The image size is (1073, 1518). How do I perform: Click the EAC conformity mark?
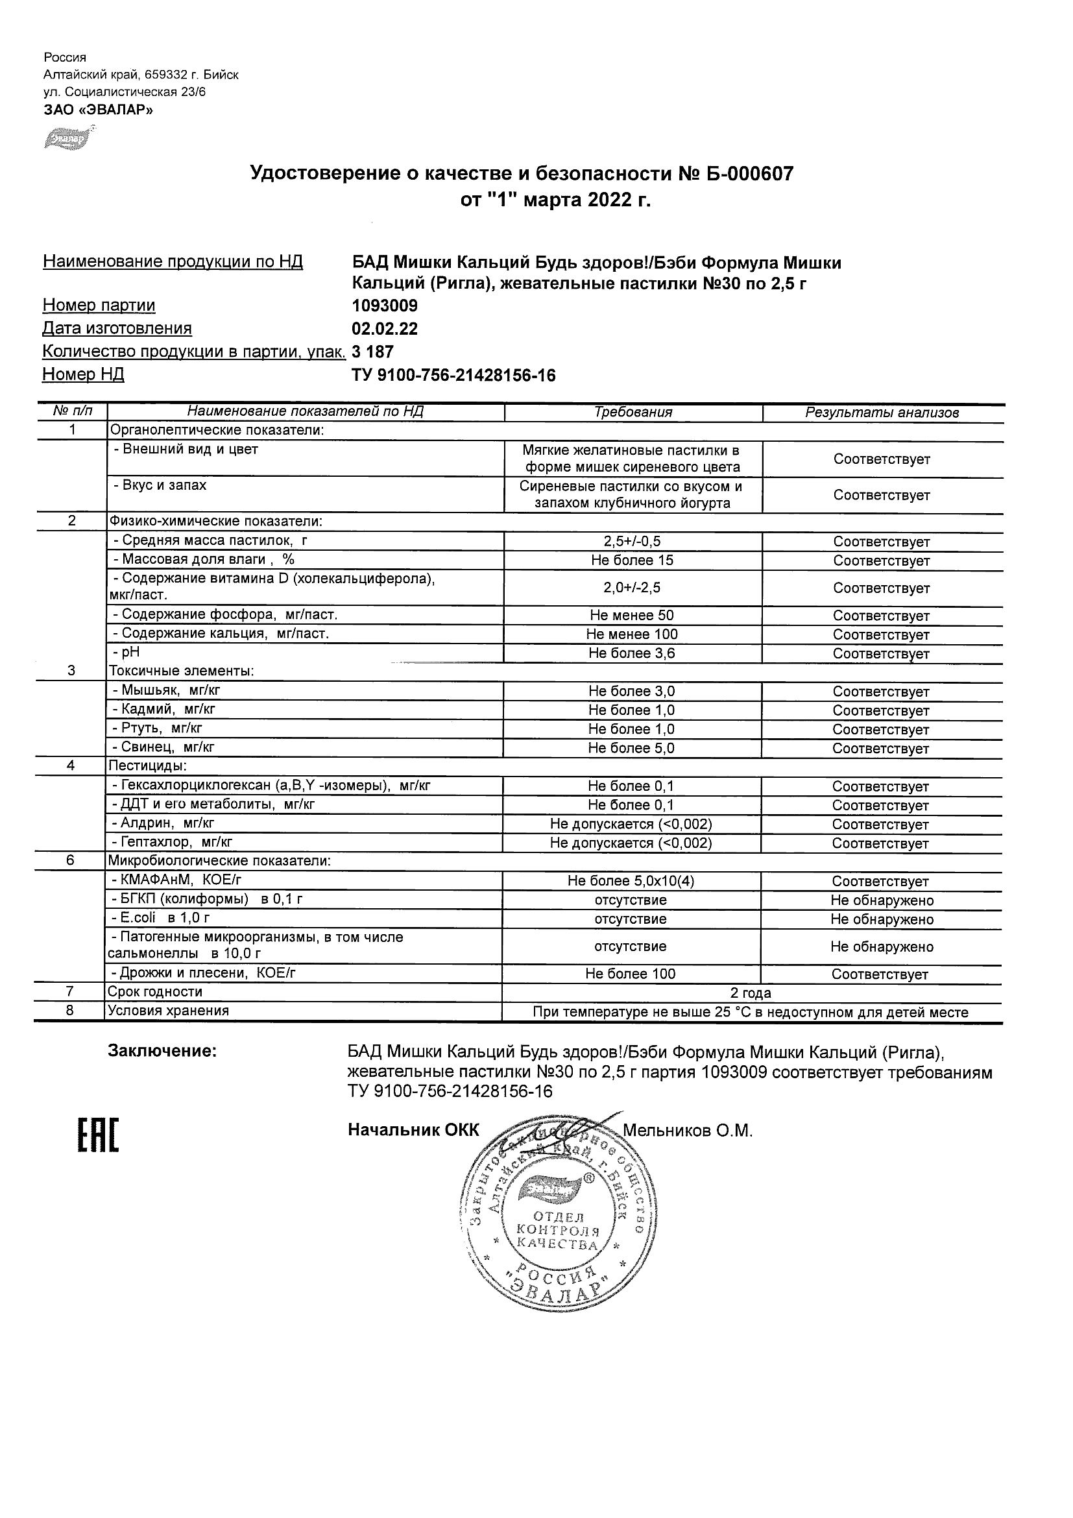(x=98, y=1136)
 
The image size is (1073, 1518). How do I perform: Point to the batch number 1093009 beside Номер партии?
(x=384, y=306)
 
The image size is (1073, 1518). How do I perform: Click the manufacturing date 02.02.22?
(x=384, y=329)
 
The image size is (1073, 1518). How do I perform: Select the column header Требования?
(x=633, y=413)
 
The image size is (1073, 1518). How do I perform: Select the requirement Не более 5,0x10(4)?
(x=631, y=881)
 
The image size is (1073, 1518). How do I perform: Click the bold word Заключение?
(x=162, y=1050)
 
